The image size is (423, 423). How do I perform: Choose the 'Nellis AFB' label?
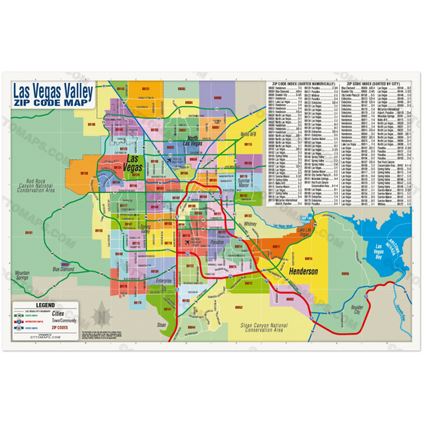pyautogui.click(x=248, y=134)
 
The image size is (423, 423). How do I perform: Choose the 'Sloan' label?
pyautogui.click(x=161, y=325)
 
